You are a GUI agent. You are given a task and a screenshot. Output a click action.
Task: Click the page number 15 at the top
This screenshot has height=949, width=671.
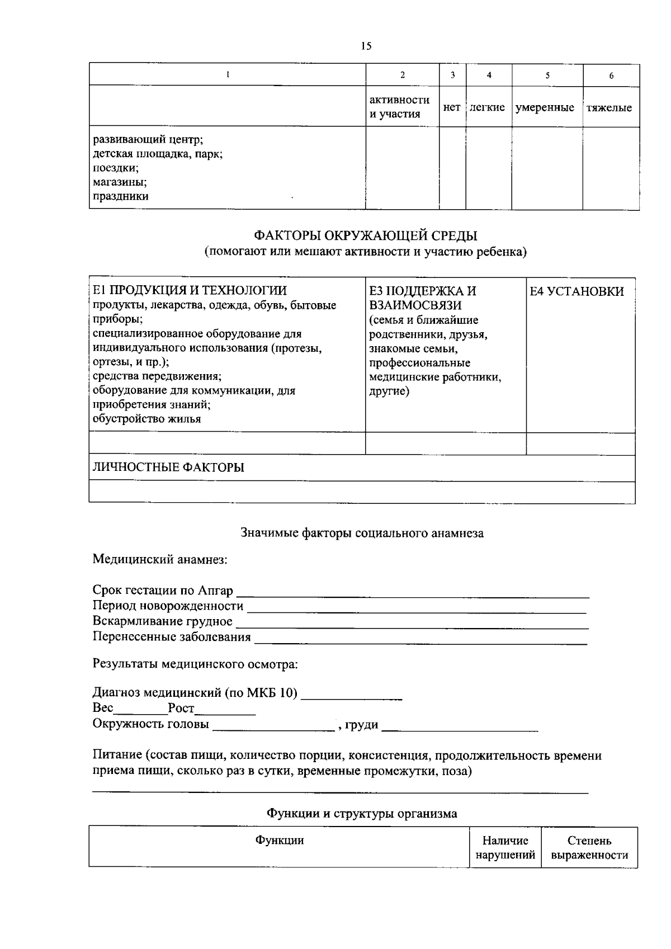click(366, 46)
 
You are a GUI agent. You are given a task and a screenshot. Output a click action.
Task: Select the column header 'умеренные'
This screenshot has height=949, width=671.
click(545, 107)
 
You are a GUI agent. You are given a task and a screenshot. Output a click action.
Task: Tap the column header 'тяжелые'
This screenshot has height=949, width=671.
click(609, 107)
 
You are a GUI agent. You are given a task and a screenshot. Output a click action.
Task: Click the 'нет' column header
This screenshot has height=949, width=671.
click(452, 107)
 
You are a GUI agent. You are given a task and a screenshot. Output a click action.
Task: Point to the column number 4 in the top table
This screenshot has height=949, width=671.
click(489, 75)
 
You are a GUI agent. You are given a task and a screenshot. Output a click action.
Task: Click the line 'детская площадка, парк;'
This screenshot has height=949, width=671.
click(158, 153)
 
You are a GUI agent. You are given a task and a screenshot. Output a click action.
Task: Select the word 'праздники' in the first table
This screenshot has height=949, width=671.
click(120, 196)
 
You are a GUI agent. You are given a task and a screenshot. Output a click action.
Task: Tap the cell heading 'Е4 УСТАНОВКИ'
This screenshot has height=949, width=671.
click(577, 291)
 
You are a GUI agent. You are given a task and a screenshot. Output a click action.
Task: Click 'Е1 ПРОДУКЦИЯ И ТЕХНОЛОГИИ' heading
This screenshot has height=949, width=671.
click(190, 290)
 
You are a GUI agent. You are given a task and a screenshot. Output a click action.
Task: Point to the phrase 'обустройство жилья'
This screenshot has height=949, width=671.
click(147, 418)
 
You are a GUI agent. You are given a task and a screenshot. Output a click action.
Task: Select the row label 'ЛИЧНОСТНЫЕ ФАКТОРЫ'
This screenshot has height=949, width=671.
click(168, 468)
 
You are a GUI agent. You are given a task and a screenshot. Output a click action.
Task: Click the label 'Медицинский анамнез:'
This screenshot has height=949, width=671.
click(160, 559)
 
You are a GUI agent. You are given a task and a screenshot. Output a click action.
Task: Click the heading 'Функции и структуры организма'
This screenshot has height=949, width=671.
click(362, 814)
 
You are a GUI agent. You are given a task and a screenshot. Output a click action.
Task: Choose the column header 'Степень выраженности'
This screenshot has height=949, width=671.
click(589, 848)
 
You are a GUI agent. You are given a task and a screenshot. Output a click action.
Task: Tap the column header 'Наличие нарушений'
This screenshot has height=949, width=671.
click(505, 848)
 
